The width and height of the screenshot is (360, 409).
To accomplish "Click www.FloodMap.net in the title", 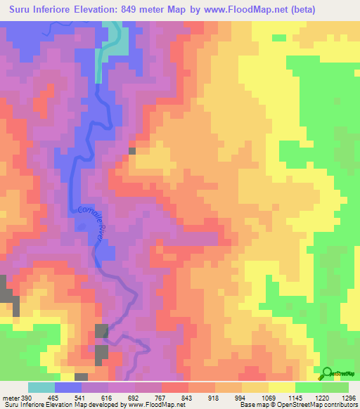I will [250, 10].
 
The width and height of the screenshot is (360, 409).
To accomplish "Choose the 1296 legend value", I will [349, 398].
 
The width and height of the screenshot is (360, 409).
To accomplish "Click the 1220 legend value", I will [322, 398].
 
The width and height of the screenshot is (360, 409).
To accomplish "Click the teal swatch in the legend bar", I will [41, 387].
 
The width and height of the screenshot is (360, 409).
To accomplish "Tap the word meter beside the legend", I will [11, 398].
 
